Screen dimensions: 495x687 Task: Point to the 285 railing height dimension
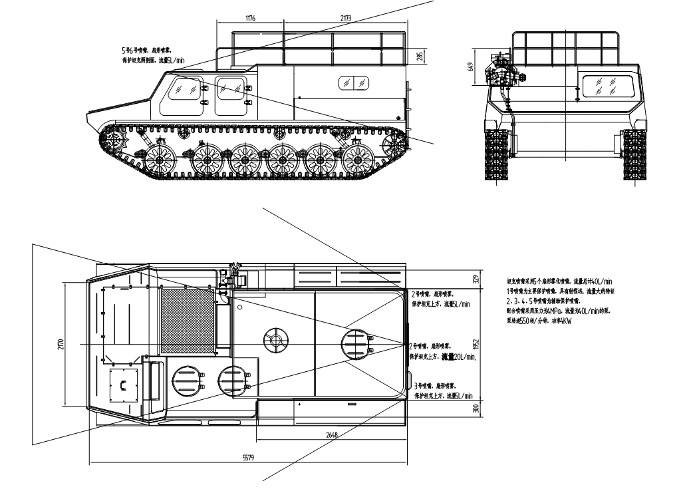pyautogui.click(x=420, y=56)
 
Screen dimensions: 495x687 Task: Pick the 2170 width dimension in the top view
pyautogui.click(x=61, y=344)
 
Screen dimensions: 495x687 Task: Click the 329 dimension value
pyautogui.click(x=475, y=279)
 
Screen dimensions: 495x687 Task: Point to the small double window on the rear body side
pyautogui.click(x=354, y=83)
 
